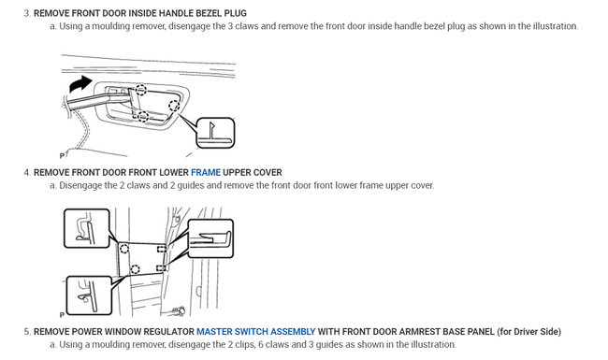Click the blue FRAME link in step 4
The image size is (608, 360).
[206, 172]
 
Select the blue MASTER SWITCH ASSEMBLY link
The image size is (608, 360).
[256, 332]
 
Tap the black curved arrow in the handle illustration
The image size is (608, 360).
[80, 84]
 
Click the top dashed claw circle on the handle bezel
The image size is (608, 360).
[141, 90]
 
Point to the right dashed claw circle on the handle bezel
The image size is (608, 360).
[174, 105]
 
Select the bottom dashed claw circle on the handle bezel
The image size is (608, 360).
[143, 116]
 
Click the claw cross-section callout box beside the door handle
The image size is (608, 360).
[215, 133]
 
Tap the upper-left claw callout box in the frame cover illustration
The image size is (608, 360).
[87, 228]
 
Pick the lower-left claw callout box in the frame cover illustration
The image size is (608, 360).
[89, 295]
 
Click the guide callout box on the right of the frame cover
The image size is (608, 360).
[210, 238]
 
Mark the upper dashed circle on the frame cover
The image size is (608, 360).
[124, 249]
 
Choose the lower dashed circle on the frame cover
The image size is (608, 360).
[135, 269]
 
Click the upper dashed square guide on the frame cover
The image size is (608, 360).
[161, 249]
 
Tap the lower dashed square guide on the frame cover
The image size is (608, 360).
[161, 267]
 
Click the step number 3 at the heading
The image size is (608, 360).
[27, 13]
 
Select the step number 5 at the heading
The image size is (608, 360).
[27, 332]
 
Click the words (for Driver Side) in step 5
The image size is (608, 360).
[528, 332]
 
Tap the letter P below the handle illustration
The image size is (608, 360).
[62, 156]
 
